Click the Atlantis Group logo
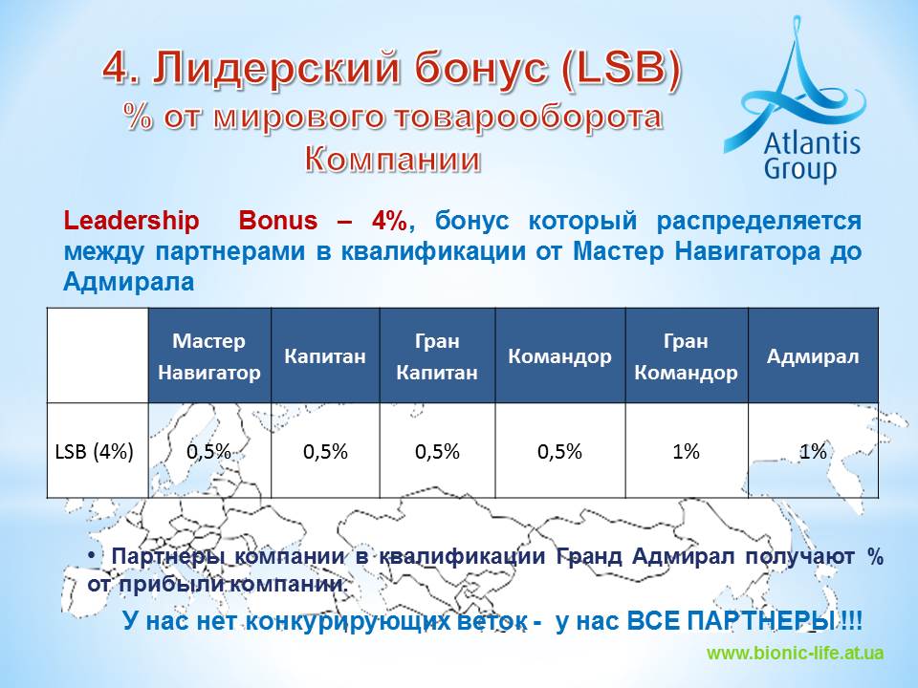click(795, 99)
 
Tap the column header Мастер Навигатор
click(209, 356)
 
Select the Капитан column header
click(325, 356)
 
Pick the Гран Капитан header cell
click(437, 356)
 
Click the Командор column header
click(559, 356)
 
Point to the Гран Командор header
click(687, 356)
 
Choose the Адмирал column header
click(813, 356)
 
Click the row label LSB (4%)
click(95, 451)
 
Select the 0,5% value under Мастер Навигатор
click(209, 451)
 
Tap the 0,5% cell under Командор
click(559, 451)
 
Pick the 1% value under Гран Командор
click(687, 451)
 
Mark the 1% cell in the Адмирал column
click(813, 451)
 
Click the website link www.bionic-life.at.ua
click(795, 653)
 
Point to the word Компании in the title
click(393, 159)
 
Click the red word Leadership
click(131, 221)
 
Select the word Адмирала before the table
click(128, 281)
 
